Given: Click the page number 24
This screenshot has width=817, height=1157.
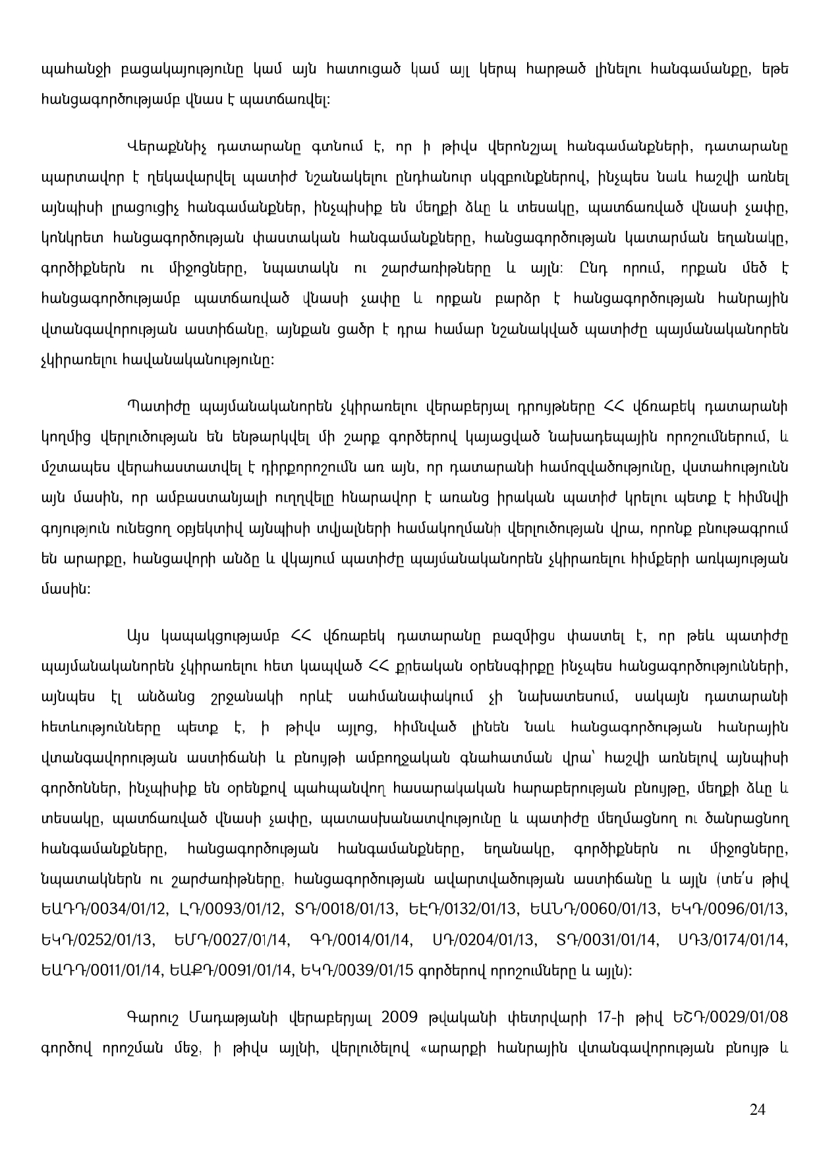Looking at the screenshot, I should (x=758, y=1109).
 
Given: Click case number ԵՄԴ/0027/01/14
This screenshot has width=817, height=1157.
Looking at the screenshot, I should (x=233, y=939).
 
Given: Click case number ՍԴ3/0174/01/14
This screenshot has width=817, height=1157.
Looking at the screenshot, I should (x=733, y=939).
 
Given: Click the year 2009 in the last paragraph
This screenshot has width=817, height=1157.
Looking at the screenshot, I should (x=400, y=1016).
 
